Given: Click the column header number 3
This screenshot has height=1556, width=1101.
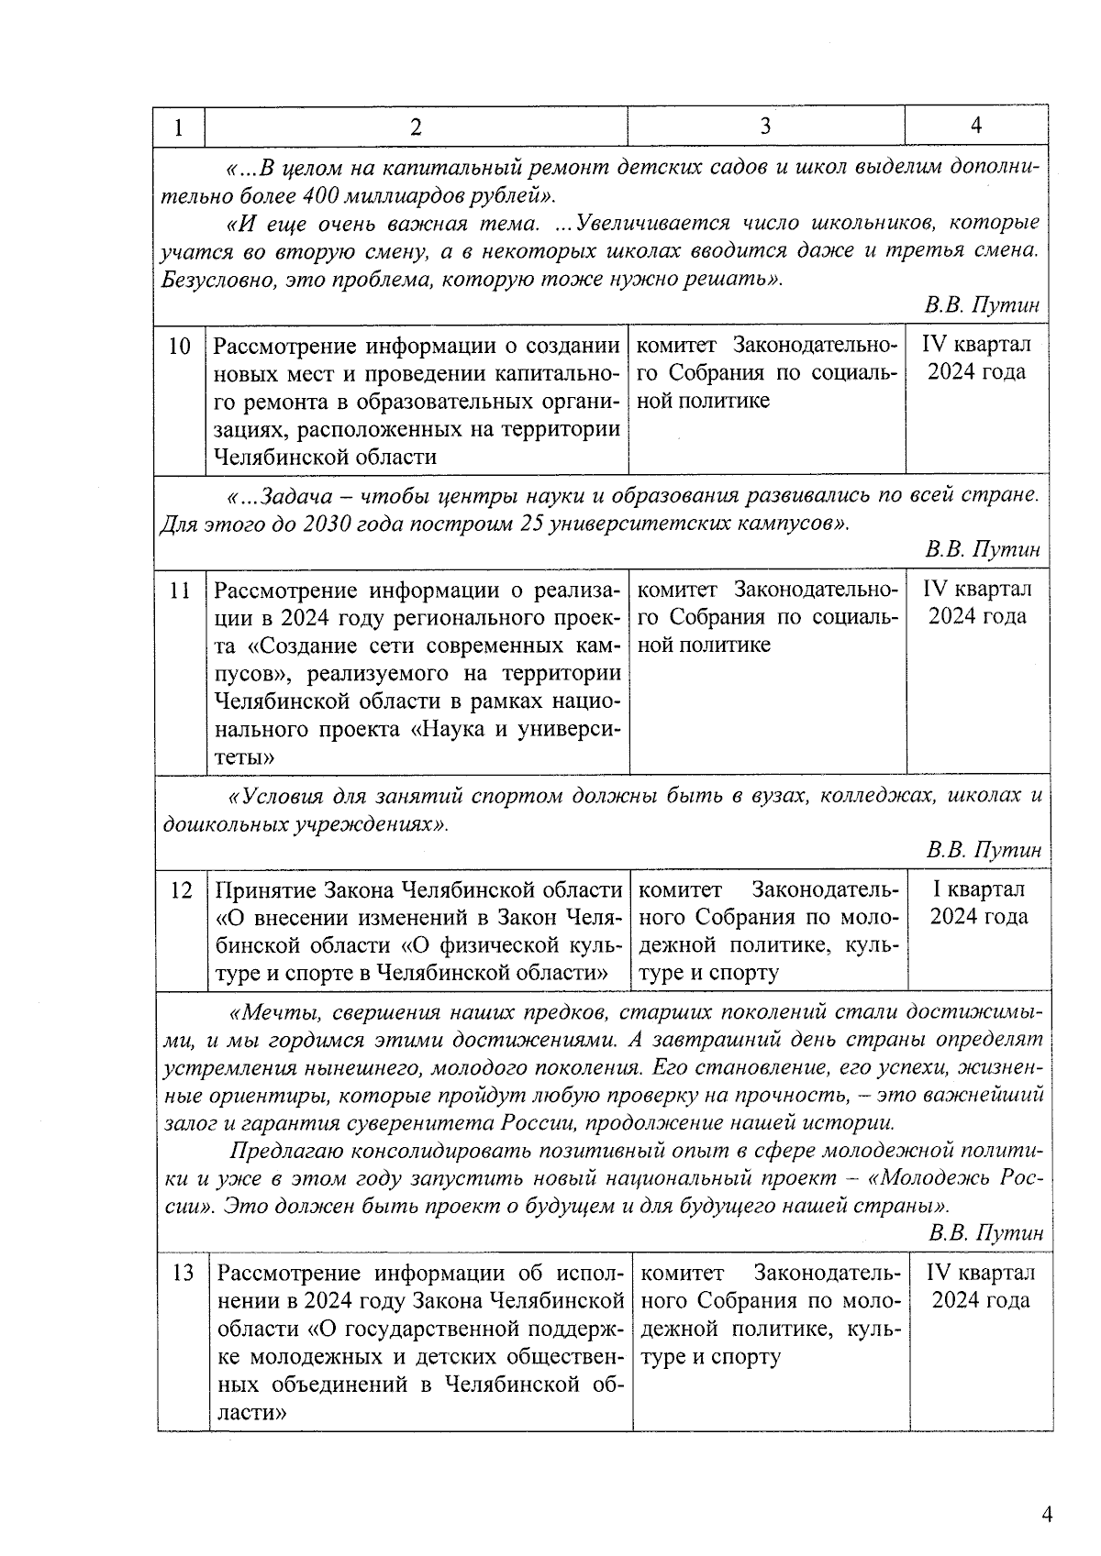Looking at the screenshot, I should [765, 126].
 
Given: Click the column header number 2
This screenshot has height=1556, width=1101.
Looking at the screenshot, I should [416, 127].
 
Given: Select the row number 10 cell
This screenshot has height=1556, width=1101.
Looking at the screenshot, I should [180, 347].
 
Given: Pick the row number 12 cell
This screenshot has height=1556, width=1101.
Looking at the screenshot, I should [182, 890].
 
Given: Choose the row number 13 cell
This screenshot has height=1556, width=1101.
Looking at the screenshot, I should [183, 1274].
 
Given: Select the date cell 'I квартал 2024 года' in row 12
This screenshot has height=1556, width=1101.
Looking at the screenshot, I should [979, 903].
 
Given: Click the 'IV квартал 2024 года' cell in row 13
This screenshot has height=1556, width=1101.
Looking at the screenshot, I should [981, 1286].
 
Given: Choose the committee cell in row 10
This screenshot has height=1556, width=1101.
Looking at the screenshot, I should [766, 373].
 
